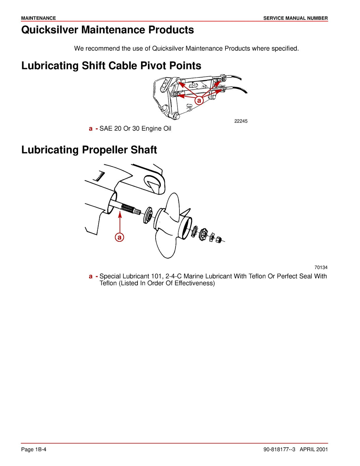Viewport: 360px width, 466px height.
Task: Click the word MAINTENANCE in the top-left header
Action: pos(38,18)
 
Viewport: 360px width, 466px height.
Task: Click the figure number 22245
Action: pos(241,121)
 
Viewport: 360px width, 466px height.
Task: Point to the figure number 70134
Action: pos(321,267)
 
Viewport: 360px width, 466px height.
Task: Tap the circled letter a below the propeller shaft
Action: pos(119,237)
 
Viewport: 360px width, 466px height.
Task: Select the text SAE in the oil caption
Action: pos(106,128)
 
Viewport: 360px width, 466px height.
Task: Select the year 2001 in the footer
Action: pos(322,449)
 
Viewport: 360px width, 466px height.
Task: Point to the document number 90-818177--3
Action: pos(279,449)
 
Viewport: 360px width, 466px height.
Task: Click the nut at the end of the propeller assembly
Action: pos(220,240)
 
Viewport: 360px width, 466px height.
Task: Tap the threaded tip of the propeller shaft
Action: pos(137,211)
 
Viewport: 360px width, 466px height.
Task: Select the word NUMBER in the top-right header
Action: pos(317,18)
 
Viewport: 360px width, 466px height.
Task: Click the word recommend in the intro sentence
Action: pos(102,48)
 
